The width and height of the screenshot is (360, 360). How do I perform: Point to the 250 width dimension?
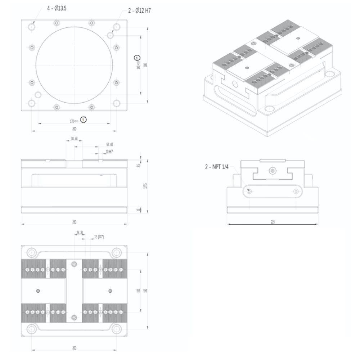tap(74, 222)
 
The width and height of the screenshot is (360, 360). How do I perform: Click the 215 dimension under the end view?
tap(273, 222)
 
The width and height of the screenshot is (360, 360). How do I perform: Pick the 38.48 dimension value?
tap(74, 138)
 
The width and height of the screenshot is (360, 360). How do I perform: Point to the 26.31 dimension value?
tap(80, 233)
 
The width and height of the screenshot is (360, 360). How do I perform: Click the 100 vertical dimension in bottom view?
tap(139, 291)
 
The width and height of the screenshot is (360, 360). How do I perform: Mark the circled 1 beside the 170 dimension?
tap(84, 119)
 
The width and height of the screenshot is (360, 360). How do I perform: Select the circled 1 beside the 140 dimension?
tap(136, 57)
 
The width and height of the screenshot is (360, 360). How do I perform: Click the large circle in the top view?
tap(74, 65)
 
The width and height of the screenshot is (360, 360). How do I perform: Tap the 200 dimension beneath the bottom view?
tap(74, 348)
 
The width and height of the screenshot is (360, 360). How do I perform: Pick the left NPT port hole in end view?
tap(249, 191)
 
